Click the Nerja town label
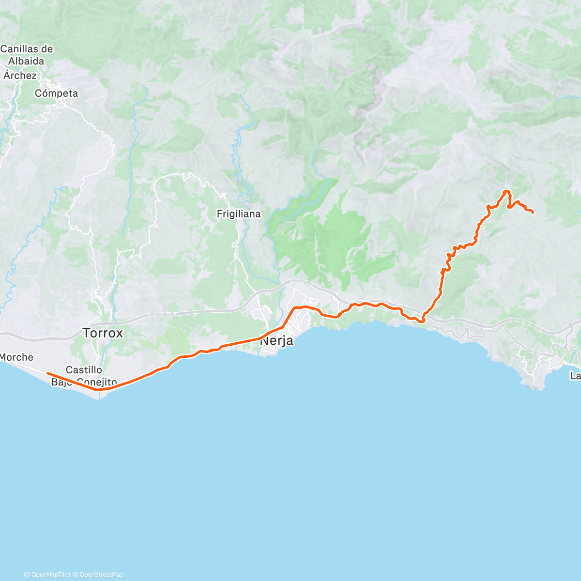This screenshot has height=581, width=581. (277, 341)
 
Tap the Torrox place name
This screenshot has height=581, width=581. (103, 333)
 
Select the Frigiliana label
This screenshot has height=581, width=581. (239, 214)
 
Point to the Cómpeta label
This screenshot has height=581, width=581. (56, 93)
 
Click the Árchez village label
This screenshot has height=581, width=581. (20, 76)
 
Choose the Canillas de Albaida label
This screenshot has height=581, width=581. (27, 55)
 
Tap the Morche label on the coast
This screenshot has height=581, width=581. (16, 357)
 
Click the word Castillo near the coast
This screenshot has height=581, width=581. (84, 370)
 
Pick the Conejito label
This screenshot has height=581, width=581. (97, 382)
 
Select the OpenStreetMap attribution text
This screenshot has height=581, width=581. (102, 575)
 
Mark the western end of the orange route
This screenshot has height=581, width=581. (47, 373)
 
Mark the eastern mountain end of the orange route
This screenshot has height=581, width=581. (533, 213)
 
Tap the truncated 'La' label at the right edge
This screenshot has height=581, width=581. (575, 376)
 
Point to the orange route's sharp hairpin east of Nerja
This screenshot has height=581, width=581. (423, 320)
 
